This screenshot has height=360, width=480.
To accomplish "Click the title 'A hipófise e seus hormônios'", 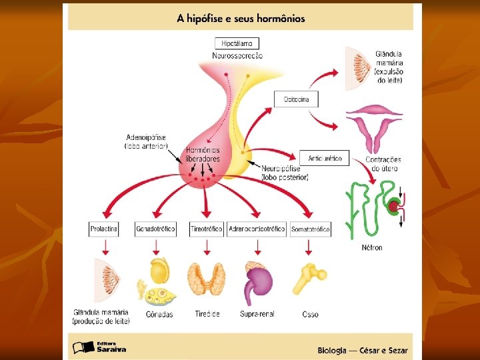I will click(x=241, y=19).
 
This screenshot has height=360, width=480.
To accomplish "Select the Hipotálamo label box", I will click(x=237, y=43).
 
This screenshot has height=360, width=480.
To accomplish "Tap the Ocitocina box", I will click(x=296, y=99).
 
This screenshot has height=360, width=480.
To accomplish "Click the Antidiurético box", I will click(x=325, y=159).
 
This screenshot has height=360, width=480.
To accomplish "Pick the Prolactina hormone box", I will click(x=104, y=229).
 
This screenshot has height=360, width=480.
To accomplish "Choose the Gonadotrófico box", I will click(x=155, y=229).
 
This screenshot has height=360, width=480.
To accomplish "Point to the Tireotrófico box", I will click(x=207, y=229).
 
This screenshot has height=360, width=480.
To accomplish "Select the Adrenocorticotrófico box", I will click(x=257, y=229).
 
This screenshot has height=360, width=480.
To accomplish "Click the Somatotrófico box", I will click(x=311, y=229).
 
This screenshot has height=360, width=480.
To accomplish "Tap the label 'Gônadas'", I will click(x=159, y=314).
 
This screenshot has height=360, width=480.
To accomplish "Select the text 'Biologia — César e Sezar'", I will click(x=363, y=351).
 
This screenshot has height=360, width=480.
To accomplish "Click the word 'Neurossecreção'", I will click(x=237, y=55).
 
